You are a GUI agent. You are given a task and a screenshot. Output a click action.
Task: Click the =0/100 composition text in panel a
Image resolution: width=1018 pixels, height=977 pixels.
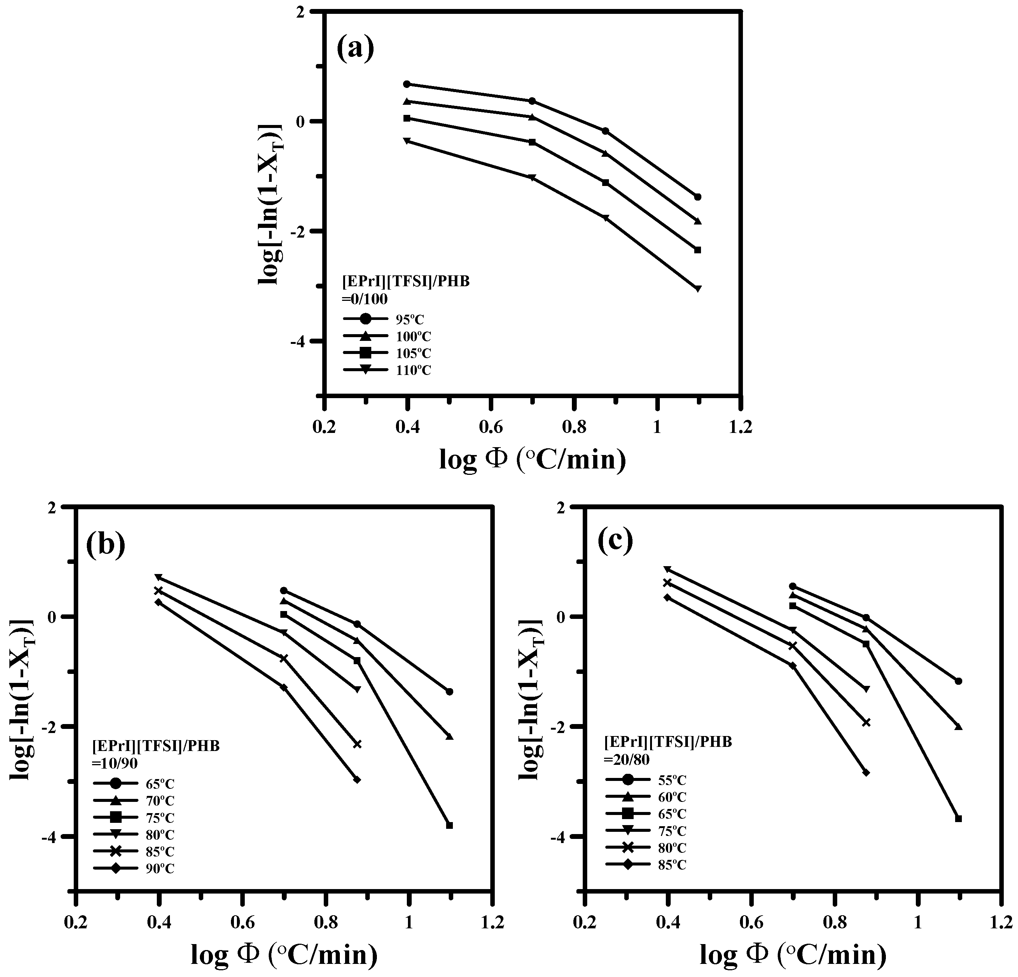pyautogui.click(x=365, y=299)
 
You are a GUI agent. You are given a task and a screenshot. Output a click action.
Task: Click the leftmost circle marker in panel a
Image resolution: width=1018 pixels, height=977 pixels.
pyautogui.click(x=407, y=84)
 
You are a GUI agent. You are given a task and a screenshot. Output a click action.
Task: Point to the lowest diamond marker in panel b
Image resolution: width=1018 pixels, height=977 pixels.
pyautogui.click(x=357, y=780)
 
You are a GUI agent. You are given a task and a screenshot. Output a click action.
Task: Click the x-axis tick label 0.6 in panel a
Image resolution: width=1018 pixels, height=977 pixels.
pyautogui.click(x=490, y=427)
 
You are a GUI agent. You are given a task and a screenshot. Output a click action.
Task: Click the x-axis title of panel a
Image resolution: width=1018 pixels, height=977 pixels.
pyautogui.click(x=532, y=459)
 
